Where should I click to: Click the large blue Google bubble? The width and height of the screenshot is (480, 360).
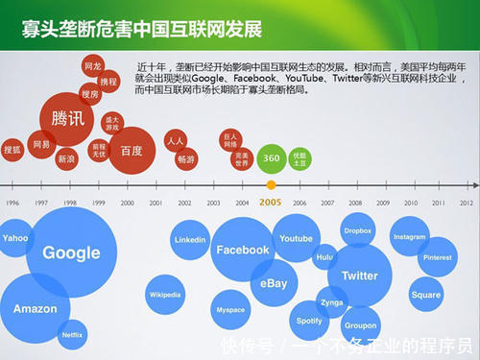click(x=71, y=252)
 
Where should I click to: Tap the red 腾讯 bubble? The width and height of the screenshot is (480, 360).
click(x=67, y=118)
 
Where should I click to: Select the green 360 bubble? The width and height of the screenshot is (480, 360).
click(x=272, y=157)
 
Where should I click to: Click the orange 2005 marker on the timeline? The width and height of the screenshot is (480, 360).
click(x=271, y=185)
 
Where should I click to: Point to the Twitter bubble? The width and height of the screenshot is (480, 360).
click(x=359, y=276)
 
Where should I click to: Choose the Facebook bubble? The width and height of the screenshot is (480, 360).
click(x=242, y=250)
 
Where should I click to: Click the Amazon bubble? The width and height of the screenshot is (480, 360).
click(x=36, y=309)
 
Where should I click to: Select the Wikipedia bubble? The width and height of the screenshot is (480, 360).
click(x=165, y=295)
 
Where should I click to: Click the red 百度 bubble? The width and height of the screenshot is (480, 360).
click(x=132, y=151)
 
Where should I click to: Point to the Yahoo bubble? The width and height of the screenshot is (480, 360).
click(x=15, y=237)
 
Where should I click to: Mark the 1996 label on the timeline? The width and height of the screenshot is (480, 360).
click(x=12, y=204)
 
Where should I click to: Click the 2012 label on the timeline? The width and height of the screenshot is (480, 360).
click(x=467, y=204)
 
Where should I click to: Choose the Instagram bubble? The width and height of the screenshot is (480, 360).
click(x=409, y=237)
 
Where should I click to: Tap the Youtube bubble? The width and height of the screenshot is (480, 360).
click(x=296, y=238)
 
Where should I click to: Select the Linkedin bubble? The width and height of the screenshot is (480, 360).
click(x=190, y=239)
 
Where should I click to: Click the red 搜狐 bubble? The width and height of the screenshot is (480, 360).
click(x=12, y=150)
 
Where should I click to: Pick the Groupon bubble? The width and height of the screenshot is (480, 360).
click(x=360, y=325)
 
